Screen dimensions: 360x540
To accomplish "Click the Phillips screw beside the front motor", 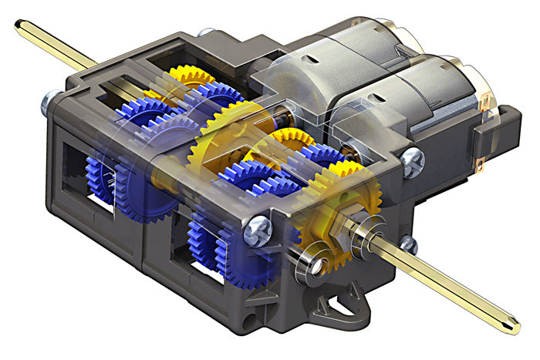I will [x=413, y=162].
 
